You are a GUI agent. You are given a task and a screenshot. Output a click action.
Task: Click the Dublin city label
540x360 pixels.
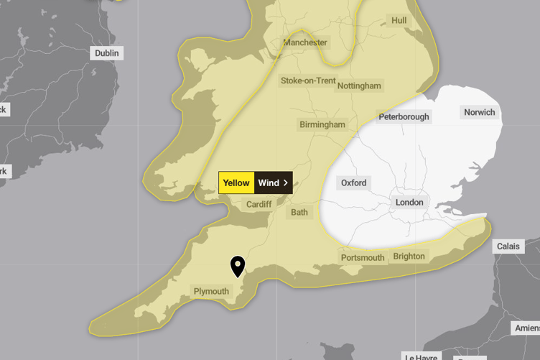pyautogui.click(x=107, y=53)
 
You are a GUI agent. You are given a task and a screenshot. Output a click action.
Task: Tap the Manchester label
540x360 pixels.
pyautogui.click(x=305, y=42)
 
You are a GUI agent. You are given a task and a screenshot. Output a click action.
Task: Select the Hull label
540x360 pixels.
pyautogui.click(x=399, y=21)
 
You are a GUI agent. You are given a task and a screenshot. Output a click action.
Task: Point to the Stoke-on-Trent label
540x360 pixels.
pyautogui.click(x=307, y=80)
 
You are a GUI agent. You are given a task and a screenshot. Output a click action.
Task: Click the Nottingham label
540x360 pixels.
pyautogui.click(x=359, y=86)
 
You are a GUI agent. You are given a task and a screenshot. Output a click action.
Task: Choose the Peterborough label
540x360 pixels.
pyautogui.click(x=404, y=116)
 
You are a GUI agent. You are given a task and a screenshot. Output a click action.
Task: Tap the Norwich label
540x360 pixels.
pyautogui.click(x=479, y=112)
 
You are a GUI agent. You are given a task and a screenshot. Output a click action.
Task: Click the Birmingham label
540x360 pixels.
pyautogui.click(x=322, y=124)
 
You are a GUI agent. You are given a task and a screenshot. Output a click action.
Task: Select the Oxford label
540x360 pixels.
pyautogui.click(x=353, y=183)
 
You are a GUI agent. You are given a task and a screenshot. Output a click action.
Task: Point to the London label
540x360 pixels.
pyautogui.click(x=409, y=203)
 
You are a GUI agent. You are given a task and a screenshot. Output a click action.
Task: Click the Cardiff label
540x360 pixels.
pyautogui.click(x=259, y=205)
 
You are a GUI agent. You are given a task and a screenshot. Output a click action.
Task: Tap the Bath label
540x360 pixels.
pyautogui.click(x=299, y=213)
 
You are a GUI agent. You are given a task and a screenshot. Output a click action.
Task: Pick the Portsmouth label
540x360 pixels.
pyautogui.click(x=363, y=257)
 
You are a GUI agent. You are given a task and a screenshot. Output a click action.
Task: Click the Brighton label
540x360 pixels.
pyautogui.click(x=409, y=256)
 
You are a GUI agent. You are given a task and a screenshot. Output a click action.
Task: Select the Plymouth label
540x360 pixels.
pyautogui.click(x=211, y=291)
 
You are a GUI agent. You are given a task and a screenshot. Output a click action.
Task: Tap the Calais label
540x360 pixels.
pyautogui.click(x=508, y=246)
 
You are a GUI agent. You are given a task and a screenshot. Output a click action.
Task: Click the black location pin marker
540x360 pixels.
pyautogui.click(x=237, y=266)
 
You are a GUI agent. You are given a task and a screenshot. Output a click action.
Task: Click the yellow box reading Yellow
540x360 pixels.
pyautogui.click(x=236, y=183)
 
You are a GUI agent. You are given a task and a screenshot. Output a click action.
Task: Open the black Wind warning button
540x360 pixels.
pyautogui.click(x=273, y=183)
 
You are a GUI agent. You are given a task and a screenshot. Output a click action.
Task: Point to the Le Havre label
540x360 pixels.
pyautogui.click(x=422, y=356)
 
